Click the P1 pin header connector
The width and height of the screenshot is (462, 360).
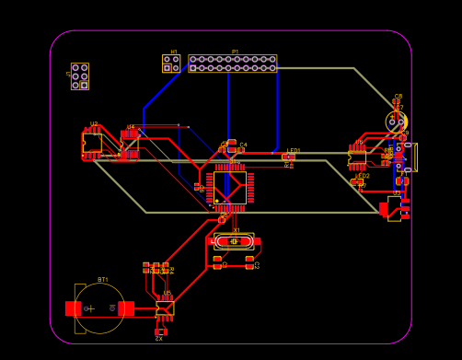233,64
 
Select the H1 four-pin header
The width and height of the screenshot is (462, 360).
171,64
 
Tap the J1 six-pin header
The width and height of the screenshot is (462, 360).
80,76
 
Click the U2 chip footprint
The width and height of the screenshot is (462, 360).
92,143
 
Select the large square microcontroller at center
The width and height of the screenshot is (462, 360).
230,188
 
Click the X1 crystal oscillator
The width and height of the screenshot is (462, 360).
235,241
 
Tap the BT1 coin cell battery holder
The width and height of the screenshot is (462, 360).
99,308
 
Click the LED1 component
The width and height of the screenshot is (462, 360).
289,157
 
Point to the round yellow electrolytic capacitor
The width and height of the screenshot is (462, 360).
396,122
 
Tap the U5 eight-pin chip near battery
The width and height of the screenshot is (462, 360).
165,308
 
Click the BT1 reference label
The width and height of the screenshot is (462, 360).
102,280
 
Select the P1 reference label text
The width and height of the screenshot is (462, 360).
235,52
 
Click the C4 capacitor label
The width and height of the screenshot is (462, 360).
243,145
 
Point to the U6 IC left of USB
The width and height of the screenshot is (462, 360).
357,157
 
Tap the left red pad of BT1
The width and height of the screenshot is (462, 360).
73,308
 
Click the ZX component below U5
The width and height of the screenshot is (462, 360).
161,331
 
